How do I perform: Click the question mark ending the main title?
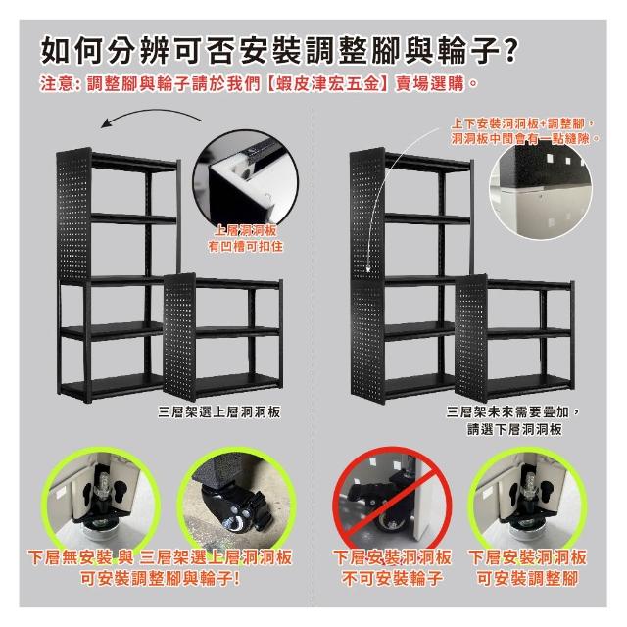click(509, 51)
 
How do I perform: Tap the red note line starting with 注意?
click(259, 84)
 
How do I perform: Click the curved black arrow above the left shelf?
click(151, 118)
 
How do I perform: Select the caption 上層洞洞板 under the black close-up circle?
click(245, 230)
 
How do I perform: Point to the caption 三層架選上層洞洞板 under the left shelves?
click(219, 411)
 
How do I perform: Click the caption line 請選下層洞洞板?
click(514, 429)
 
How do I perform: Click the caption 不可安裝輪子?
click(392, 577)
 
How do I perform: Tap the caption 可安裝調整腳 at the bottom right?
click(527, 577)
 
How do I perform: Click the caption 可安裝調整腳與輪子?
click(160, 577)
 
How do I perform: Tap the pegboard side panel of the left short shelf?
click(179, 337)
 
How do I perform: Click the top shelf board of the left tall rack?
click(134, 162)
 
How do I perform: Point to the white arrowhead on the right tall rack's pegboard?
click(368, 270)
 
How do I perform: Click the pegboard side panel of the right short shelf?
click(471, 338)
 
